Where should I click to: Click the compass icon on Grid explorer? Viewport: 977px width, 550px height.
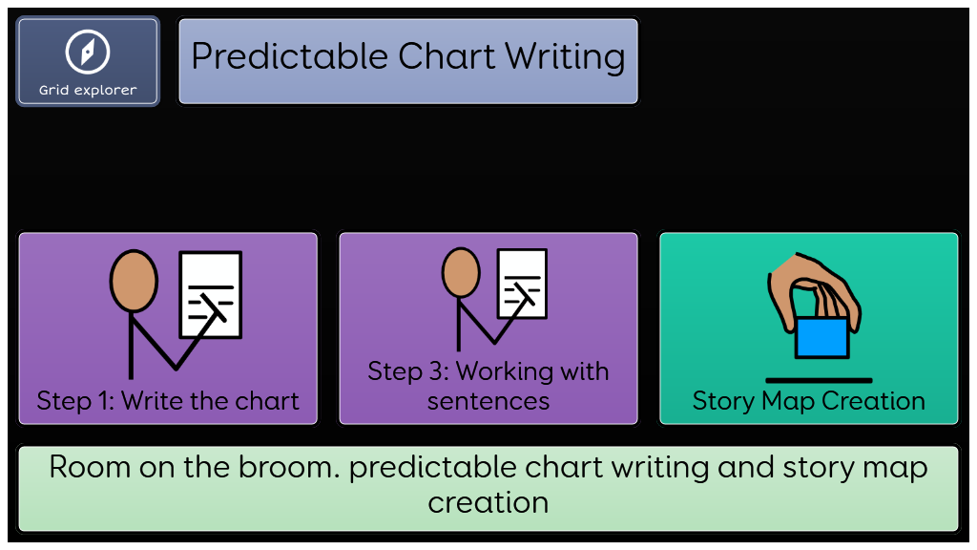(88, 52)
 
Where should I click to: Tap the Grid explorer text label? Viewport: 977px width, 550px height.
(88, 91)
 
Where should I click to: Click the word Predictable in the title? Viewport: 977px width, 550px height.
(290, 57)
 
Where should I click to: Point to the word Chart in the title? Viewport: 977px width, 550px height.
(447, 56)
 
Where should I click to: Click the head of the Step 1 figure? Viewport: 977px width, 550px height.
(134, 281)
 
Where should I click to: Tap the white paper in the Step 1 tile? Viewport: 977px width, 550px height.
(211, 294)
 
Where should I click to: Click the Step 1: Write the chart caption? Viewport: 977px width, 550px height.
(168, 401)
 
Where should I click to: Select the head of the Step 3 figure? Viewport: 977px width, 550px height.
(461, 272)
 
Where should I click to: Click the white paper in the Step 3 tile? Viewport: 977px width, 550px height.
(522, 284)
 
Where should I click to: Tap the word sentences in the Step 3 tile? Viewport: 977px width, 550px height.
(488, 402)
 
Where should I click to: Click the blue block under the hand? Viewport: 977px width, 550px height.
(821, 337)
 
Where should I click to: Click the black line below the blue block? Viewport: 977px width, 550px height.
(819, 380)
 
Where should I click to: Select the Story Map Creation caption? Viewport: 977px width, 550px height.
(809, 401)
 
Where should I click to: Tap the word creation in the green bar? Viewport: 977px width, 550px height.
(488, 503)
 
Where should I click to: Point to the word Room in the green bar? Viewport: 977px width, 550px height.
(90, 467)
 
